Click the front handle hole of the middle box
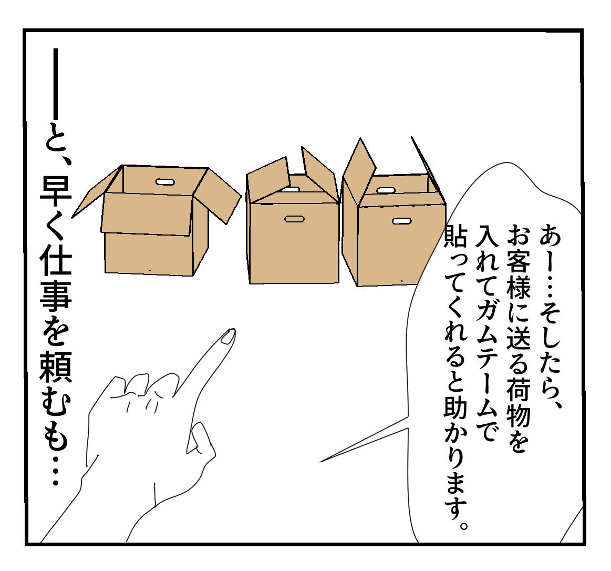tap(294, 219)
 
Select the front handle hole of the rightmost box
tap(402, 221)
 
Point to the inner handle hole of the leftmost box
tap(165, 182)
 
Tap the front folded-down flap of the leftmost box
tap(147, 214)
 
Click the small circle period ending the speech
tap(463, 525)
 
